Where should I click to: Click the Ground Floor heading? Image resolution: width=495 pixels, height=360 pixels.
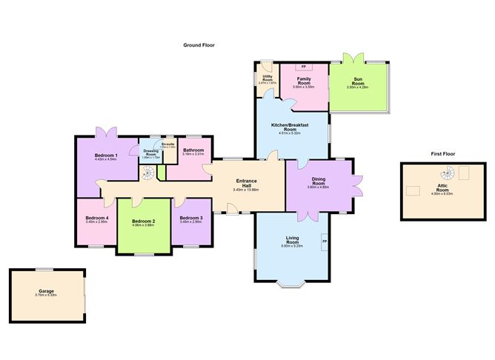199,45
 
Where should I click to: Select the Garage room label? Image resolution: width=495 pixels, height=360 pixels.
47,293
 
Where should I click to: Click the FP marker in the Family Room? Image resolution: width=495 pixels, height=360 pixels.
303,67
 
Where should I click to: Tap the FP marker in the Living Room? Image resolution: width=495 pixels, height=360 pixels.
325,241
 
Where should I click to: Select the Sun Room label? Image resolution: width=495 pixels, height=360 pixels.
358,82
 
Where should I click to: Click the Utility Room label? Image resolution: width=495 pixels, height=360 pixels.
266,79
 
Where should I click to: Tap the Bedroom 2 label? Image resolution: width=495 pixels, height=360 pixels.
143,221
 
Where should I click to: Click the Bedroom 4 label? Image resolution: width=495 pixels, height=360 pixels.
97,217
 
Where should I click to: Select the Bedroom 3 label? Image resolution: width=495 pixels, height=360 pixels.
191,217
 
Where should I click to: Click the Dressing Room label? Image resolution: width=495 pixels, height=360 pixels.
150,153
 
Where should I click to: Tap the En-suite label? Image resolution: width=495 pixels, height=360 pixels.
168,144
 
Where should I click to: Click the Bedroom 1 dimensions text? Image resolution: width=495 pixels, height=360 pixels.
107,139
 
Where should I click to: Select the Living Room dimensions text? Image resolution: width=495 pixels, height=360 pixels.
292,246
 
